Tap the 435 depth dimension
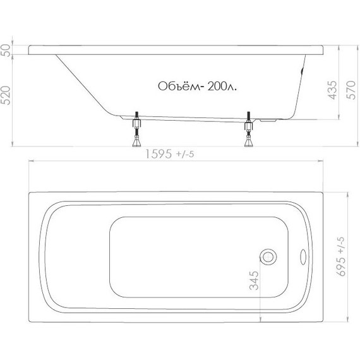click(332, 92)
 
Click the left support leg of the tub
click(135, 129)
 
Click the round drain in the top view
click(268, 256)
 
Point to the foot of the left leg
click(135, 142)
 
